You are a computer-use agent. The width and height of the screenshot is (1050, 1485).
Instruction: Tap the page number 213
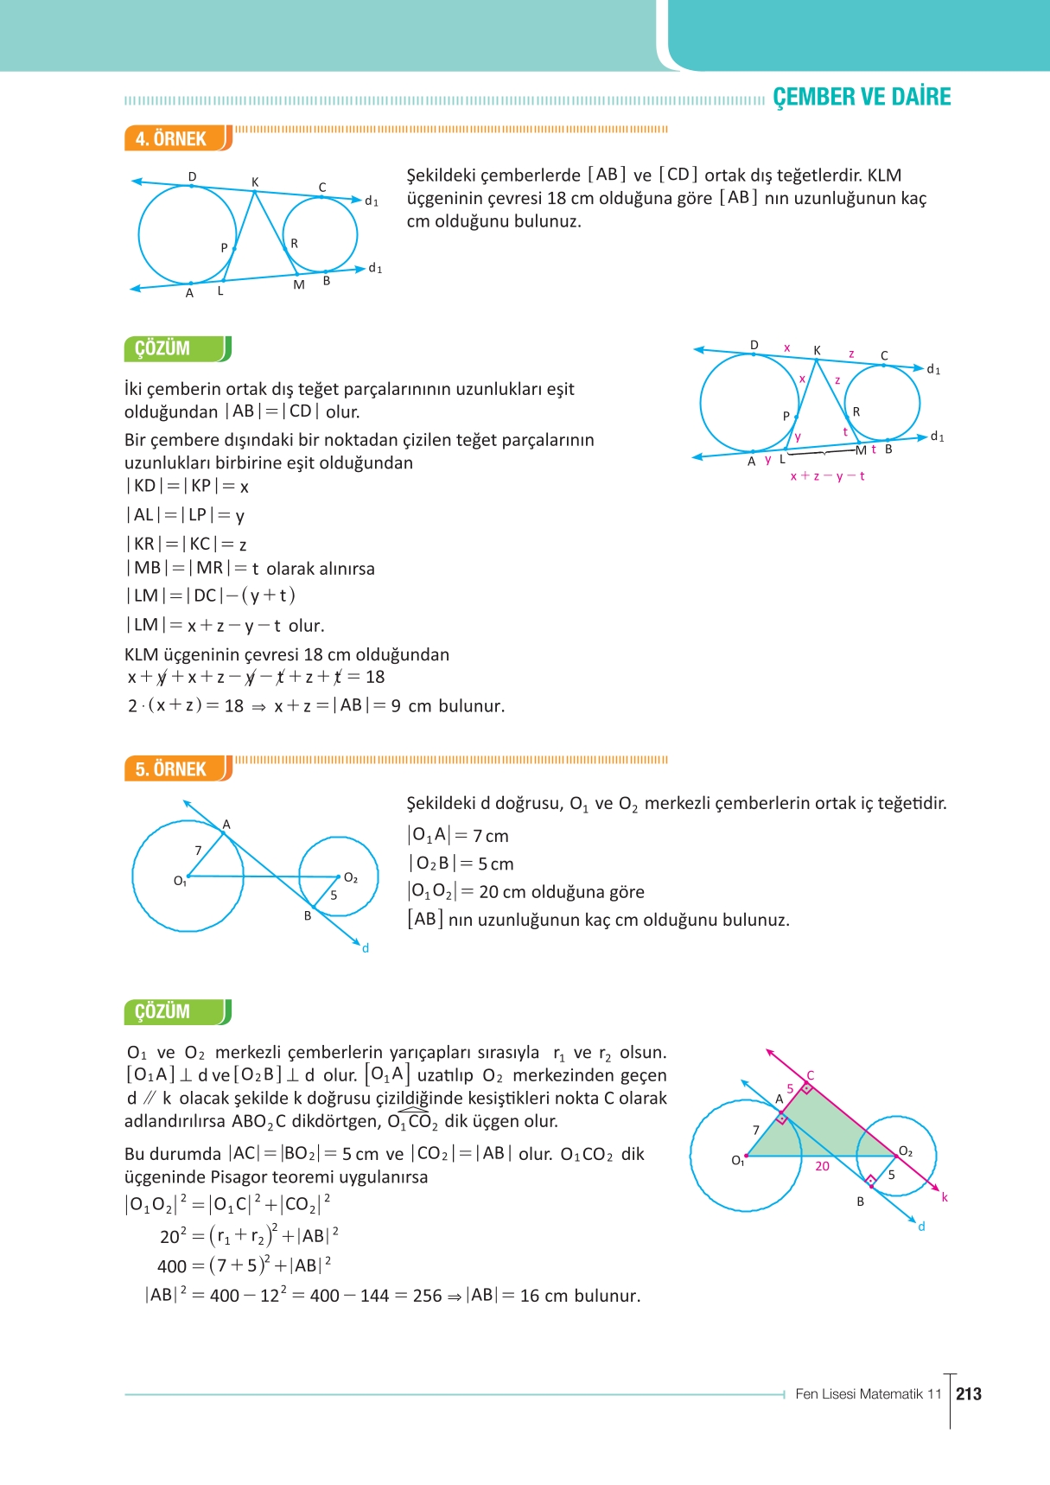point(969,1393)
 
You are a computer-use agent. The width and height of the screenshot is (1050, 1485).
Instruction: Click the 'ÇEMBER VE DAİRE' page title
point(861,97)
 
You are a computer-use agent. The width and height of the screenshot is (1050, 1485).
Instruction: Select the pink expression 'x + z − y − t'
point(827,475)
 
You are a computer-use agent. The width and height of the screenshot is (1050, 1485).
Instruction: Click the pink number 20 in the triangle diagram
point(822,1166)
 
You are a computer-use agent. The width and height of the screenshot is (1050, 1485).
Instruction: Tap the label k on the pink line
point(945,1197)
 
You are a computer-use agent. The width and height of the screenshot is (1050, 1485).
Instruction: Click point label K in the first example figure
point(255,182)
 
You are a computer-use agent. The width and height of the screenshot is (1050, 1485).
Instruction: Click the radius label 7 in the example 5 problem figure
point(198,851)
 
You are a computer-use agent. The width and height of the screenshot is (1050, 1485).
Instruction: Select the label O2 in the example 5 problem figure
point(350,877)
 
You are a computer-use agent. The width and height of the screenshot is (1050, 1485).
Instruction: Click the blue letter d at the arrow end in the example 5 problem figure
point(366,948)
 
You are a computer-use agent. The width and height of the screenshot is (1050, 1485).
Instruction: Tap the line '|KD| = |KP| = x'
point(188,486)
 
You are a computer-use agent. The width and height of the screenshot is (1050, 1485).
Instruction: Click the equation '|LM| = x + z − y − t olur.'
point(226,625)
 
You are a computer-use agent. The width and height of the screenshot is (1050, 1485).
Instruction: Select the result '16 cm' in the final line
point(544,1296)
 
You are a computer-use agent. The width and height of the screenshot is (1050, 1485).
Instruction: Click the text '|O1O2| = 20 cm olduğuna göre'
point(525,891)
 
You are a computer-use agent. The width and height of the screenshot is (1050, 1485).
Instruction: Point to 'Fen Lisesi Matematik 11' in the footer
point(868,1393)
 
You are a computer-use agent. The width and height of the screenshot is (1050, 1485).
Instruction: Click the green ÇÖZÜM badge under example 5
point(177,1011)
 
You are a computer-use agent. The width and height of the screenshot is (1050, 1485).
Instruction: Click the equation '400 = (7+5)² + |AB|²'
point(244,1265)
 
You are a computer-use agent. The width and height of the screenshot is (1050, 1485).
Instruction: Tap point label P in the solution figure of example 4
point(786,416)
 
